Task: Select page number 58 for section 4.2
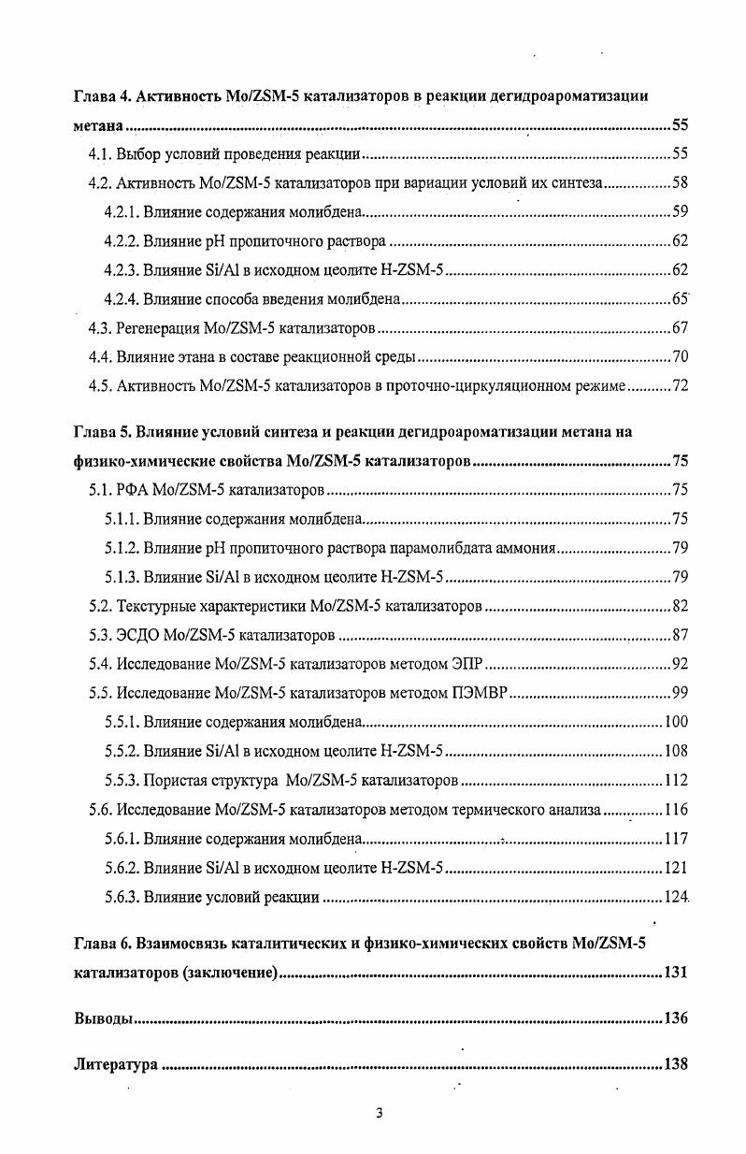click(x=680, y=183)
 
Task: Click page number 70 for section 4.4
click(x=680, y=357)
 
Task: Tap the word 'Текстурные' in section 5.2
click(x=155, y=606)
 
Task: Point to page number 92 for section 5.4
click(x=680, y=665)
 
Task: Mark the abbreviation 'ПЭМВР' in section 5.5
click(x=477, y=694)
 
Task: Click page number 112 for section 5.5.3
click(x=676, y=781)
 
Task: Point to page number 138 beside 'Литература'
click(x=676, y=1064)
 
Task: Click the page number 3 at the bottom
click(x=379, y=1113)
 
